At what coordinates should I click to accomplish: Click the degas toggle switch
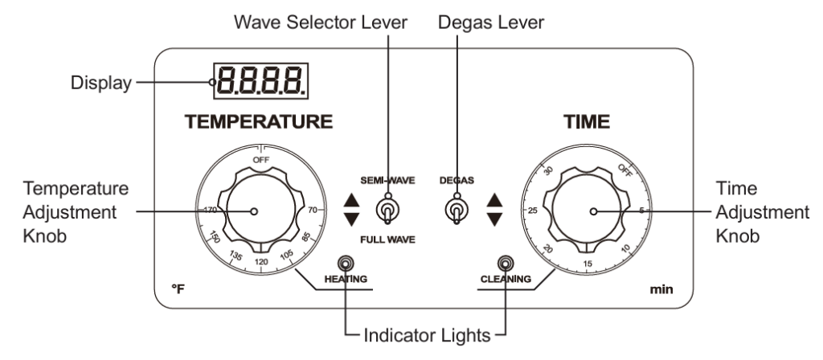(456, 211)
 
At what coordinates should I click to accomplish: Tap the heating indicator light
(346, 263)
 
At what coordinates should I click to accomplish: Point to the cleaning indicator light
(506, 263)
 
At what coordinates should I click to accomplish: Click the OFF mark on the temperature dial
(261, 160)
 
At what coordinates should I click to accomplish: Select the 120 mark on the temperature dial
(261, 263)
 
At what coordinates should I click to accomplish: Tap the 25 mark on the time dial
(533, 211)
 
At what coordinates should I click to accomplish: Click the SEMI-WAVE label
(388, 181)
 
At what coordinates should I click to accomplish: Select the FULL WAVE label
(387, 239)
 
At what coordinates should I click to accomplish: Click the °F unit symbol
(179, 288)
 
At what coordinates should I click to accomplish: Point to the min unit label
(657, 288)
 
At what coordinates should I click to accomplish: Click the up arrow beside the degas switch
(495, 202)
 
